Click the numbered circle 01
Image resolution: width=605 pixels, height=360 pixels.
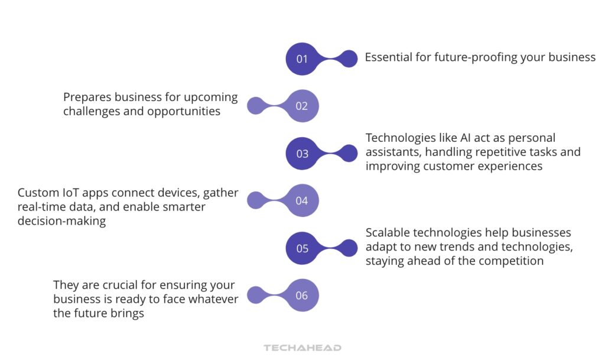click(302, 59)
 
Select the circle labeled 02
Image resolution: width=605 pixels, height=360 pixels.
click(302, 106)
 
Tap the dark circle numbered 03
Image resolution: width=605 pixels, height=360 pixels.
click(302, 153)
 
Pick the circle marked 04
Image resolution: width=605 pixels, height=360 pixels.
click(302, 200)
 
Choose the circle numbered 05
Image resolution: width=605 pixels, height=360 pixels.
click(302, 248)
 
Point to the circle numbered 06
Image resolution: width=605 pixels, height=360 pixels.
click(302, 295)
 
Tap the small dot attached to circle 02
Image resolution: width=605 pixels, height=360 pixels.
click(255, 106)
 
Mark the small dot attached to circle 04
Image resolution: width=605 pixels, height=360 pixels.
click(255, 200)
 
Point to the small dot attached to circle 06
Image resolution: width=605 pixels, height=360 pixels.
click(255, 295)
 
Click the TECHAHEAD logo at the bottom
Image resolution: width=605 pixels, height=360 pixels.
click(302, 348)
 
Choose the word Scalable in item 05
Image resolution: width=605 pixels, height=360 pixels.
click(388, 233)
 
